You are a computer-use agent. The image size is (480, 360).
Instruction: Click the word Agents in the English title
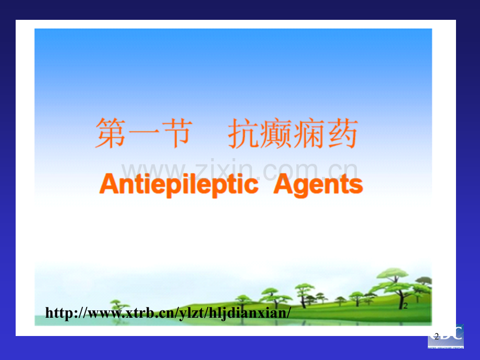click(x=318, y=185)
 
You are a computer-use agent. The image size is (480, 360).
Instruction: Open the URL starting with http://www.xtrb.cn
click(x=167, y=313)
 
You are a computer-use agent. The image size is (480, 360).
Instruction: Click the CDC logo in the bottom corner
click(x=446, y=335)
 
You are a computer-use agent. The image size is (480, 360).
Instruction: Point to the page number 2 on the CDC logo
click(x=436, y=335)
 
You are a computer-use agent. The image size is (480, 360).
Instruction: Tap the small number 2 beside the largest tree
click(x=405, y=306)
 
